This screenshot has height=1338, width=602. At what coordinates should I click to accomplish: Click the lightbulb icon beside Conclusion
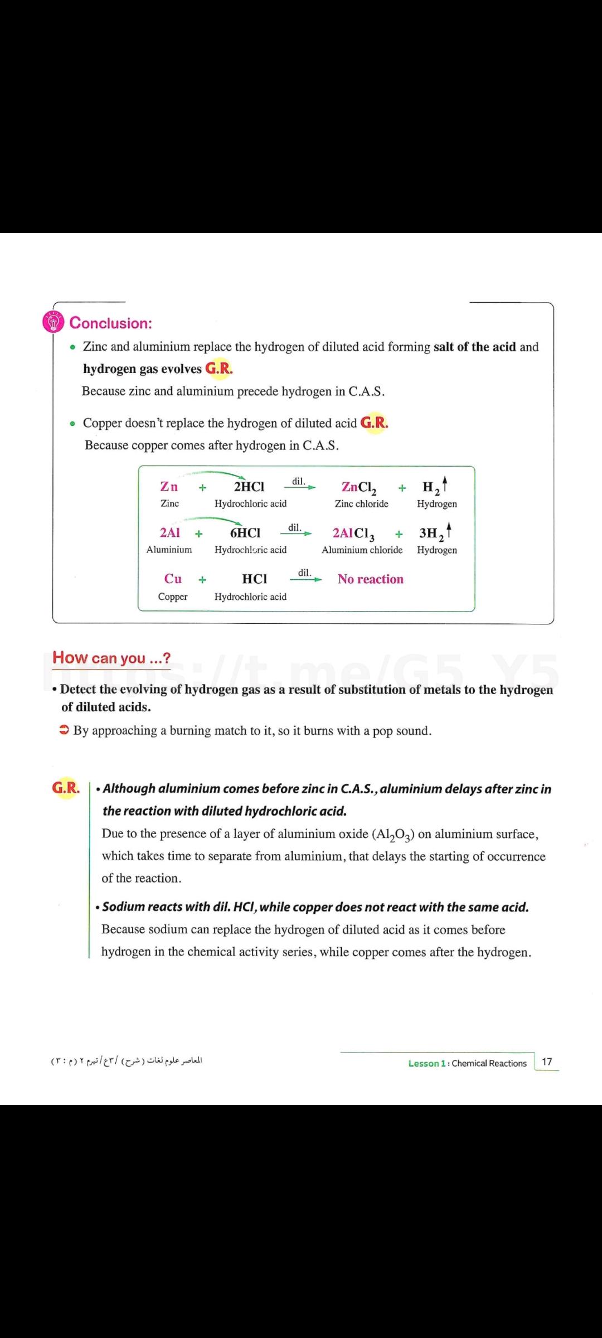[54, 323]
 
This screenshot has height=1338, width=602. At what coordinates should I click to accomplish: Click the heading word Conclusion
[110, 323]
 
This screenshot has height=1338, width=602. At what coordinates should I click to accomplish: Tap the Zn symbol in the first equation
[169, 487]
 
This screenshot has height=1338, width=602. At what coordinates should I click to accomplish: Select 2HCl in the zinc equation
[249, 487]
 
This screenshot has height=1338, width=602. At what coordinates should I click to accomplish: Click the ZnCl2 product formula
[359, 488]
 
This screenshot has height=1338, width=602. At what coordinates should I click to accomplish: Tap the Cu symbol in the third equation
[173, 579]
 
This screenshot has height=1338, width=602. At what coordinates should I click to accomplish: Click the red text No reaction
[370, 579]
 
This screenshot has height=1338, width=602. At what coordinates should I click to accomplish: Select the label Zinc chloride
[361, 504]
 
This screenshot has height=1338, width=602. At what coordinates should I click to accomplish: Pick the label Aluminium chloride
[362, 550]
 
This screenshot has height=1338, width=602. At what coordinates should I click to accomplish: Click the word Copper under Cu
[173, 597]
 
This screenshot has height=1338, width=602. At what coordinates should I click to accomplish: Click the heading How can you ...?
[111, 658]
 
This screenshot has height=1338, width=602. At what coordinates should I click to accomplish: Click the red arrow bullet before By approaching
[65, 730]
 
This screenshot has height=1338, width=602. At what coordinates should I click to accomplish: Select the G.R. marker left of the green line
[66, 788]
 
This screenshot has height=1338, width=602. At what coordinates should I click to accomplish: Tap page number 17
[547, 1061]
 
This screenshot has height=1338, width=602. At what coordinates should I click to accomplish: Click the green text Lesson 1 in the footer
[427, 1063]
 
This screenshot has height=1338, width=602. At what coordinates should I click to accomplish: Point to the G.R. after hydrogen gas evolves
[219, 369]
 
